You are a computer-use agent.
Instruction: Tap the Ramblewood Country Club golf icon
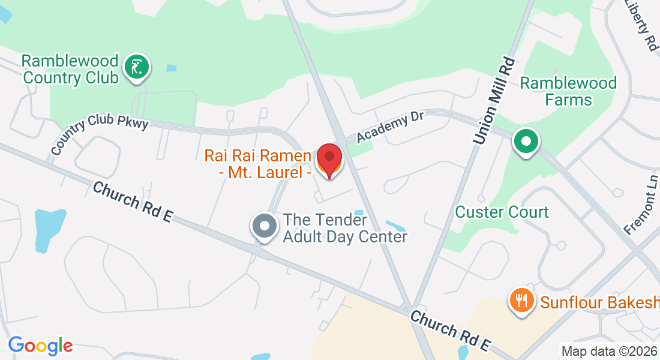point(137,67)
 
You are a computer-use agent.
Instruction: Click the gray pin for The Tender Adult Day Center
point(264,226)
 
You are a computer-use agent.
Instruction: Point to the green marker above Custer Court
point(526,142)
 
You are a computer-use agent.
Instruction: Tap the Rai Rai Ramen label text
point(258,164)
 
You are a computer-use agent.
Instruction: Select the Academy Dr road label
point(390,127)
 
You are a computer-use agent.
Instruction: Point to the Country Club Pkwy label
point(99,133)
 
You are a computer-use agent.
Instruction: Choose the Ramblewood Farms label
point(568,91)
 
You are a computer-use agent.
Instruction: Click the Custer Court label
point(502,212)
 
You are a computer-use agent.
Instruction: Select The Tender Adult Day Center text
point(344,228)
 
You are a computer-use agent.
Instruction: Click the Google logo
point(40,346)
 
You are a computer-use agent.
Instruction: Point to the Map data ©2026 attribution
point(608,351)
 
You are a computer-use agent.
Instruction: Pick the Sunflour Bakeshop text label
point(599,302)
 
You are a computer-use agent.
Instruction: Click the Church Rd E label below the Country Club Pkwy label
point(132,202)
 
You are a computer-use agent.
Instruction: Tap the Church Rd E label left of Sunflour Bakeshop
point(451,331)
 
